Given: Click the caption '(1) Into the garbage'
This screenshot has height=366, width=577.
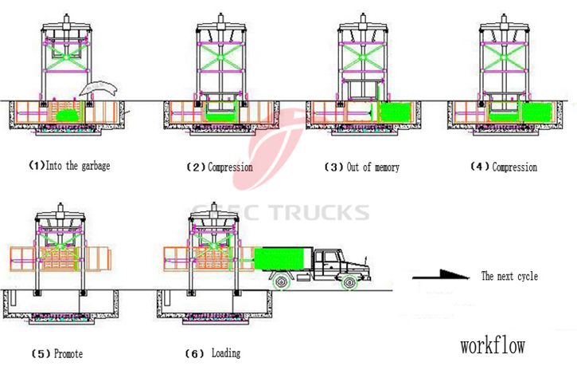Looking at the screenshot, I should [x=70, y=167].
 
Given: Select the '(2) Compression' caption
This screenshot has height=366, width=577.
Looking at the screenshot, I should [x=220, y=167].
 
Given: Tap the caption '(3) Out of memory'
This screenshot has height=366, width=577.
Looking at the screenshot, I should [x=362, y=167].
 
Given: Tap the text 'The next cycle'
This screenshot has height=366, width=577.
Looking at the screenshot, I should [x=509, y=277].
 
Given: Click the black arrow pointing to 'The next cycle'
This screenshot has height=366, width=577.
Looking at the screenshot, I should [x=442, y=276].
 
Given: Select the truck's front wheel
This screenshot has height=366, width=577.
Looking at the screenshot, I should [x=348, y=281].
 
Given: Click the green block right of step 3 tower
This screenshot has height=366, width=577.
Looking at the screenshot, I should [x=396, y=112].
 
